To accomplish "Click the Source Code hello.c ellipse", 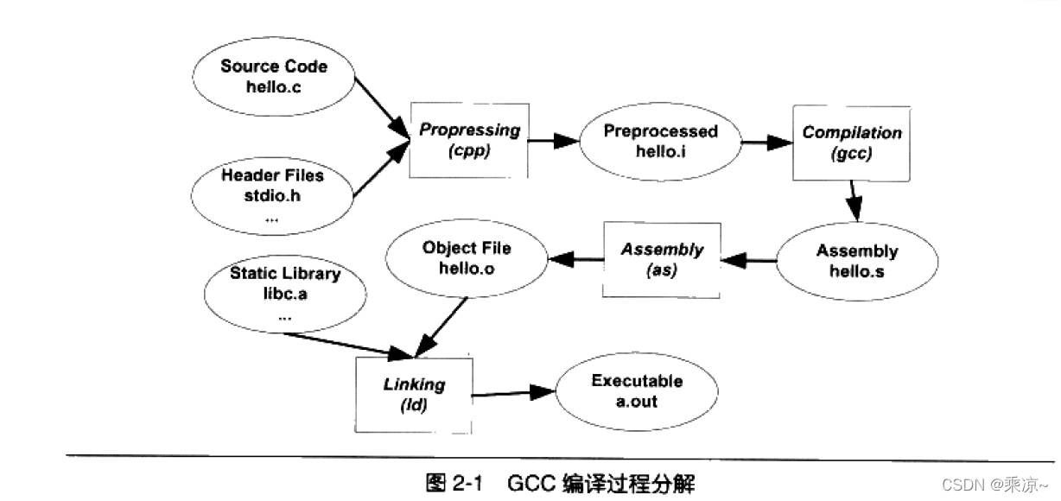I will click(274, 77).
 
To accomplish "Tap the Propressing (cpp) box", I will click(469, 140).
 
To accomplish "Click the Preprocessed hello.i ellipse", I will click(660, 142).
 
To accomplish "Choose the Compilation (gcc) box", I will click(851, 143).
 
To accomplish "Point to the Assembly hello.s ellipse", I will click(856, 261).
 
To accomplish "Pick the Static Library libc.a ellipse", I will click(285, 294).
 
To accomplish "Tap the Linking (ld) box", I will click(414, 394).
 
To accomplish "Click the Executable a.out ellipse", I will click(637, 390).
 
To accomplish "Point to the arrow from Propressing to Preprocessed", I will click(554, 139).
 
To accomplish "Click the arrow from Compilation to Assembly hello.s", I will click(853, 200).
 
